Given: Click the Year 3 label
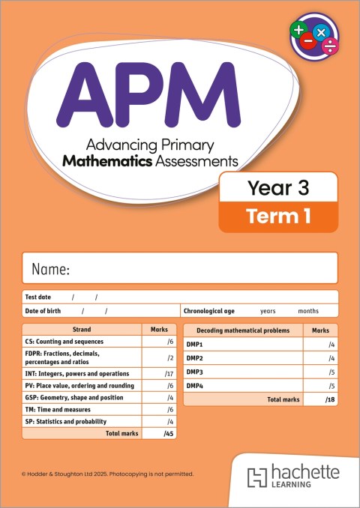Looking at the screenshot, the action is [277, 187].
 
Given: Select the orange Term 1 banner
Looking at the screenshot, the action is [277, 217].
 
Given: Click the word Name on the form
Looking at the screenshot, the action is [51, 269].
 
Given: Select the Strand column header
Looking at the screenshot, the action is [82, 330].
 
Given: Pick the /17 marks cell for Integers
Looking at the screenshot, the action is [169, 373].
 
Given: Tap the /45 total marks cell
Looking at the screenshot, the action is [168, 434].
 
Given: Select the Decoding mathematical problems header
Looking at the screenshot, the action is [242, 330].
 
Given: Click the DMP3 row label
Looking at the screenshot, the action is [195, 372].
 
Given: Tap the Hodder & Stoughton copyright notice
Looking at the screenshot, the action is [108, 474].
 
